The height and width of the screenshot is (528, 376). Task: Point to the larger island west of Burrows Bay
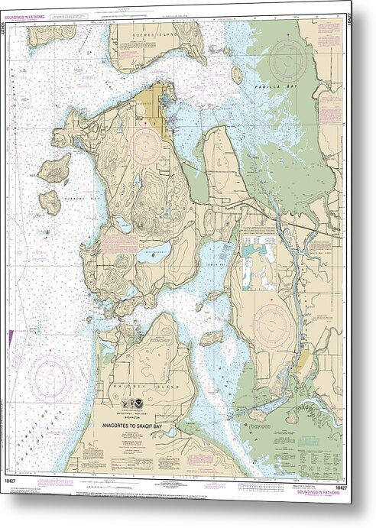(x=55, y=168)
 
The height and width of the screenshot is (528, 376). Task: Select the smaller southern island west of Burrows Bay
(x=50, y=201)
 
